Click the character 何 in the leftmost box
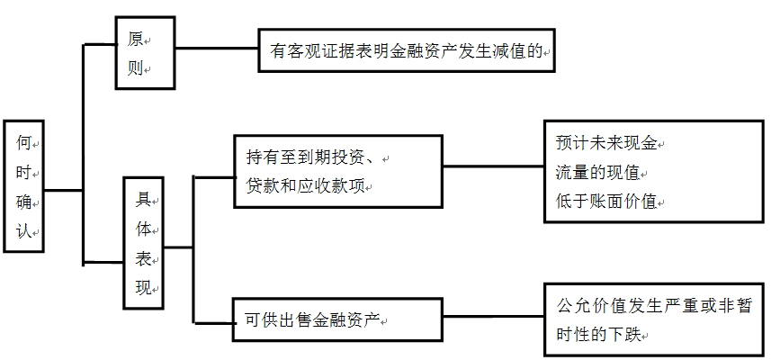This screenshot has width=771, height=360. [x=23, y=142]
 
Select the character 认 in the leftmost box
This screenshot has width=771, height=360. [x=23, y=231]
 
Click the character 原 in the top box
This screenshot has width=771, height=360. [x=135, y=39]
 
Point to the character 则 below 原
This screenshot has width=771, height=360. [x=135, y=68]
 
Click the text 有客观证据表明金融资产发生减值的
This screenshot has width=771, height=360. [x=405, y=52]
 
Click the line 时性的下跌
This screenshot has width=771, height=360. [x=599, y=335]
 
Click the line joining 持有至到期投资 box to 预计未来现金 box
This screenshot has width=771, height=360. [x=493, y=166]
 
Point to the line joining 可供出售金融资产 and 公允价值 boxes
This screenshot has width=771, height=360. [x=493, y=316]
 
